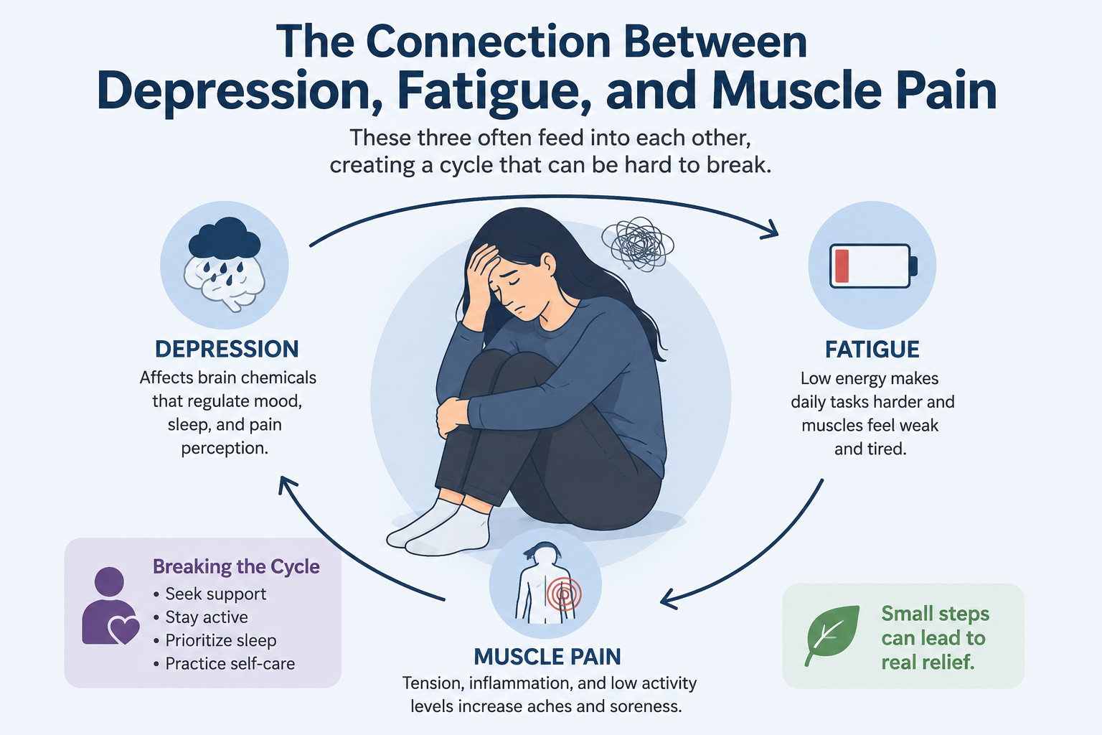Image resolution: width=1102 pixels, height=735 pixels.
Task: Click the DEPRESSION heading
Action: (227, 349)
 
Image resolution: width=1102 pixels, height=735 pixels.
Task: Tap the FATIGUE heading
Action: (872, 350)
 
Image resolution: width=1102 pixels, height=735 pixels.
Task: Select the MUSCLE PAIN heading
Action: (547, 657)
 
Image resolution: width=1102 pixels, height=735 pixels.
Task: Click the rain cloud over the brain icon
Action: (225, 239)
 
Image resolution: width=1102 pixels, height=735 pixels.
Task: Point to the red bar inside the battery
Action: (842, 266)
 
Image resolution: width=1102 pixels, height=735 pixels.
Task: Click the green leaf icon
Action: (832, 635)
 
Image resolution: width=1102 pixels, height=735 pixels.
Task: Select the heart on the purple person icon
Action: (124, 629)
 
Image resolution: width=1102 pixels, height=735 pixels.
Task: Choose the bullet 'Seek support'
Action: (210, 594)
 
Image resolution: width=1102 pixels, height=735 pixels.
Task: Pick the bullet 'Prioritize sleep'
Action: (215, 640)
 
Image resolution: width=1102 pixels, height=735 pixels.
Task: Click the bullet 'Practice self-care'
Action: (224, 664)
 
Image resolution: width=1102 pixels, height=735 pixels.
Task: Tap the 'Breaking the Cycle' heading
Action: (236, 566)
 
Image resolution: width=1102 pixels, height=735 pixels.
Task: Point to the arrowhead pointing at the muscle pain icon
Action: (670, 599)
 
